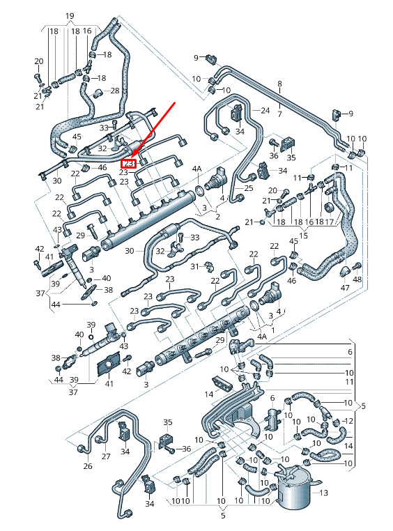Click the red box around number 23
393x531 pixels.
click(x=129, y=164)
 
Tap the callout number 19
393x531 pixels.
click(x=70, y=16)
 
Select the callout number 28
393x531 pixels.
click(x=115, y=91)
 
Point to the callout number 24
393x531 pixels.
click(x=265, y=110)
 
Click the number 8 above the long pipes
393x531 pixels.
click(x=279, y=84)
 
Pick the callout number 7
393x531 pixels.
click(x=279, y=114)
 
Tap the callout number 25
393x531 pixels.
click(x=249, y=188)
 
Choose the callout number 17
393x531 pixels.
click(x=329, y=222)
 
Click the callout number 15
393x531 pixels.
click(x=303, y=235)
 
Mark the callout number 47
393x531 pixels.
click(x=345, y=288)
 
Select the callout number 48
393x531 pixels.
click(x=357, y=279)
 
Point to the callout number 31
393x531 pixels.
click(x=194, y=266)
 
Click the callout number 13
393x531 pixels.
click(x=323, y=493)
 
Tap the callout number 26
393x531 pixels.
click(x=88, y=466)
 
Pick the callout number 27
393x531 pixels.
click(x=106, y=456)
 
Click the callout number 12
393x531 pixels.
click(x=348, y=421)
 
